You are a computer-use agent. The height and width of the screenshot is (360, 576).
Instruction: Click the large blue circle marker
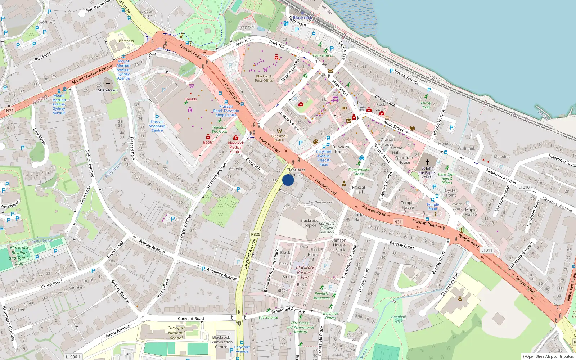[288, 180]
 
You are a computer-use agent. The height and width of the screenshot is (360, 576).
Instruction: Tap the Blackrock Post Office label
[264, 78]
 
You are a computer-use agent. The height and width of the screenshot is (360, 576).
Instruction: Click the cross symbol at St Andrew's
[108, 84]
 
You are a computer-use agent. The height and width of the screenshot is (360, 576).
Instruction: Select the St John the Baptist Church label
[428, 172]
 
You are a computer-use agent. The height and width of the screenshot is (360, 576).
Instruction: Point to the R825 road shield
[256, 234]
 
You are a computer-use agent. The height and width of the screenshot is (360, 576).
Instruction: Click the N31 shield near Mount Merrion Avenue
[10, 111]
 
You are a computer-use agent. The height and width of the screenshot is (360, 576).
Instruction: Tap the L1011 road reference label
[487, 250]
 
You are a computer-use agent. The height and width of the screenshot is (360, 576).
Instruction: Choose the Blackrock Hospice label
[309, 223]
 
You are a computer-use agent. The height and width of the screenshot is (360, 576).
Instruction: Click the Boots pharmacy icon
[208, 137]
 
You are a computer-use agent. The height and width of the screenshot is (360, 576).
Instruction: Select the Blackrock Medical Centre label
[236, 147]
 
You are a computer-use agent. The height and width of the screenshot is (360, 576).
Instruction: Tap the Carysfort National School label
[176, 333]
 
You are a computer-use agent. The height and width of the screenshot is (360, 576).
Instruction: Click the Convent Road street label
[191, 319]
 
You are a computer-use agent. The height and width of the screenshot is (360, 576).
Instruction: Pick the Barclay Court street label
[402, 245]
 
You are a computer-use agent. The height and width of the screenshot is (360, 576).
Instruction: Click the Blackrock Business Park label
[305, 273]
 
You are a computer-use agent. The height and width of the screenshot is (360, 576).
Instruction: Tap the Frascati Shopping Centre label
[157, 126]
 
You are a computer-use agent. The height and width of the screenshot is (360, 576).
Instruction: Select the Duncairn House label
[341, 149]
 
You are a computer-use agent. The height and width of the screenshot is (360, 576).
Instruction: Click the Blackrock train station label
[302, 18]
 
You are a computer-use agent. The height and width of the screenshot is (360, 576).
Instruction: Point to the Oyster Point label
[451, 193]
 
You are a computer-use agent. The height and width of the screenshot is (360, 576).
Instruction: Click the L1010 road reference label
[524, 187]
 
